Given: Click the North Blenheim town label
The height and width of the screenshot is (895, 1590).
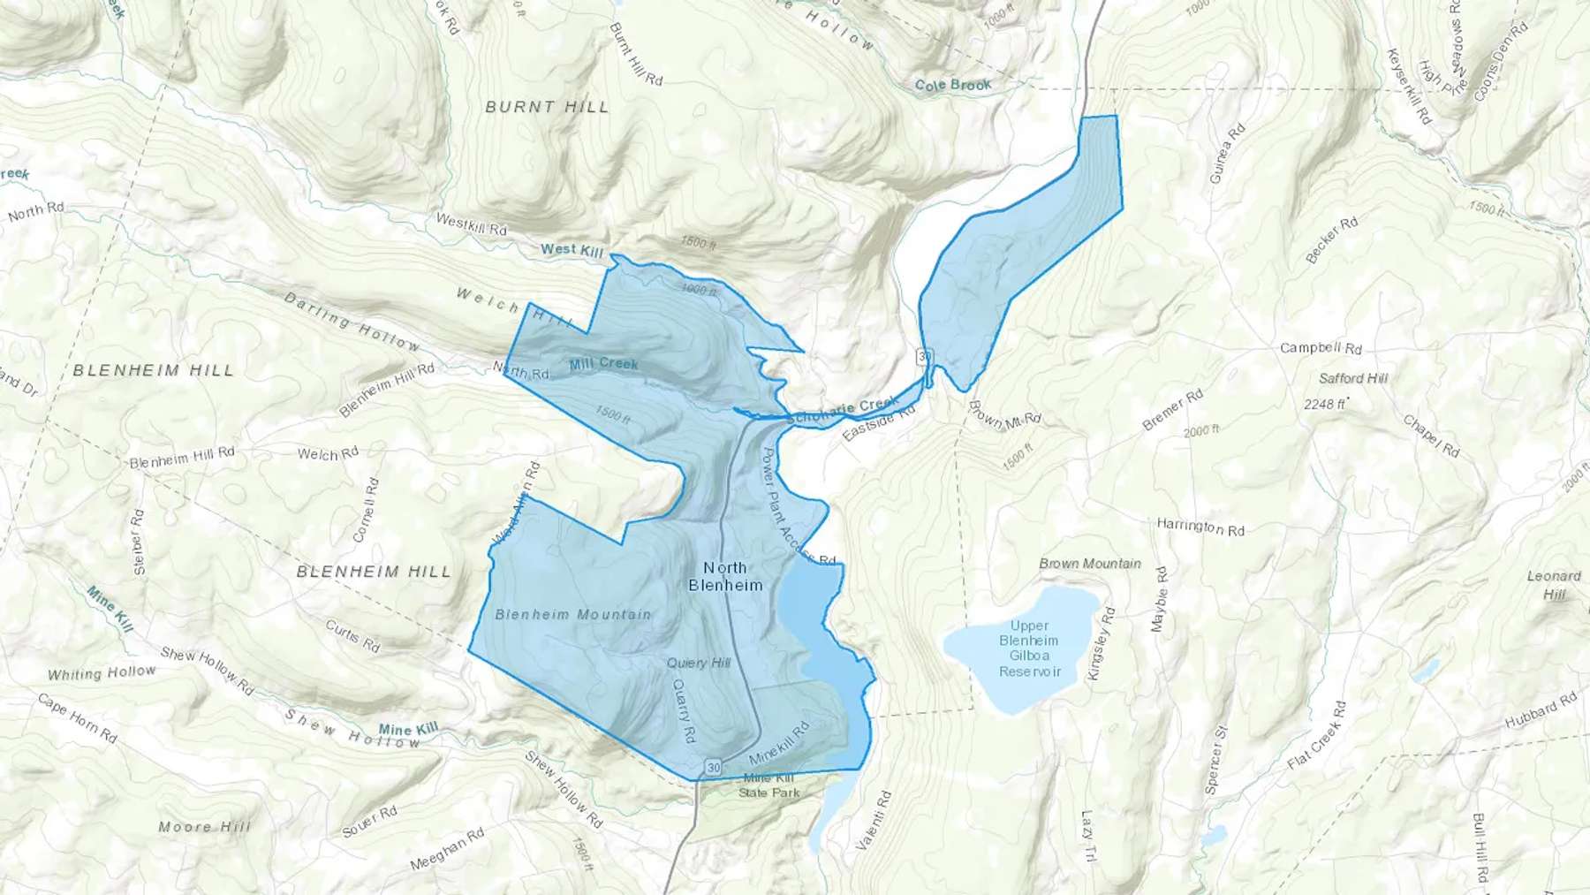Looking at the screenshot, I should [x=724, y=576].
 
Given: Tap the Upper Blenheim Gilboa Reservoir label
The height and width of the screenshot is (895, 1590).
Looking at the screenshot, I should [x=1029, y=648].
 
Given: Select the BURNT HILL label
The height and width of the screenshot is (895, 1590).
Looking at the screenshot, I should [x=547, y=107].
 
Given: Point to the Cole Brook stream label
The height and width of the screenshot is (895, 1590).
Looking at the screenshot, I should [x=953, y=85].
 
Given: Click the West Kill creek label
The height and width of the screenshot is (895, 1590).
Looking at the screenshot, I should [x=572, y=250].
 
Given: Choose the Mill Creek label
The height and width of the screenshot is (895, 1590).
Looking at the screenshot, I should [x=603, y=363].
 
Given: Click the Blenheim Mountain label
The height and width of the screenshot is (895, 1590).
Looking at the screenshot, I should [x=572, y=614].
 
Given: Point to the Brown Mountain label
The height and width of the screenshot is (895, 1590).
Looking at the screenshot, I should [x=1090, y=563].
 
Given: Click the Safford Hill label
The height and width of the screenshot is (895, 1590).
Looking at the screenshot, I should [x=1353, y=378].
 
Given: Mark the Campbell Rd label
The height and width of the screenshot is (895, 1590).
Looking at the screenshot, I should [x=1321, y=348].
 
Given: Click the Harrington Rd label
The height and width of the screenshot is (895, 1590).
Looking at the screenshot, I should [x=1200, y=527].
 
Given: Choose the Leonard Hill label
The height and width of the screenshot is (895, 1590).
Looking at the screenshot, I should [x=1554, y=585].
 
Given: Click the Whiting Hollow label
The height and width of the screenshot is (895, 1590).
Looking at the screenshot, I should [x=102, y=673].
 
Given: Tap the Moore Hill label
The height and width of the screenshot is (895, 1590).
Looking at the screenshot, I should [x=204, y=827].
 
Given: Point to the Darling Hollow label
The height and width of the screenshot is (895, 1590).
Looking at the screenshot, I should [x=352, y=322].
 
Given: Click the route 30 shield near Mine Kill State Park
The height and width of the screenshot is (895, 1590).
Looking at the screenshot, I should [x=713, y=766].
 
